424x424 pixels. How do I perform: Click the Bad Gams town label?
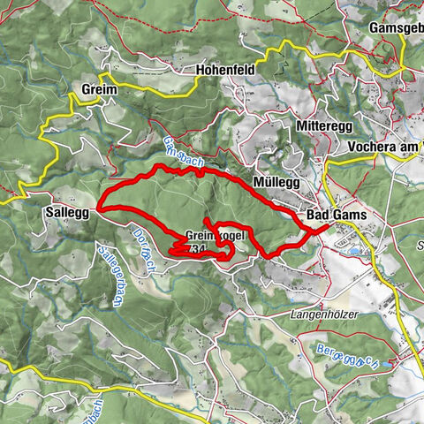point(337,216)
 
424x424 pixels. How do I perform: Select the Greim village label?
point(98,89)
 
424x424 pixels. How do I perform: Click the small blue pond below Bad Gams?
point(354,251)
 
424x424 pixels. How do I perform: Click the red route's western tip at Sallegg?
point(98,209)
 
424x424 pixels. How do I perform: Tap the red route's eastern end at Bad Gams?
point(328,226)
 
